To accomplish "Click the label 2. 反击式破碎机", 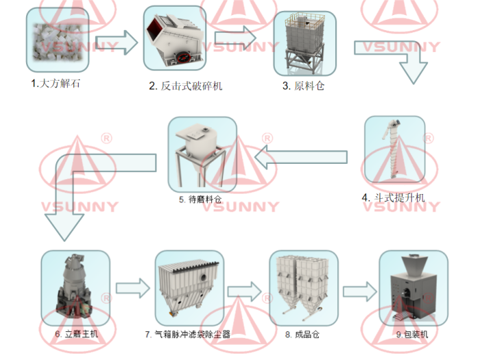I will pyautogui.click(x=186, y=86).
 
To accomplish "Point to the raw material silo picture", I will pyautogui.click(x=305, y=41).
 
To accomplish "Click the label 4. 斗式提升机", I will pyautogui.click(x=394, y=198).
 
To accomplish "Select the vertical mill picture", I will pyautogui.click(x=75, y=287).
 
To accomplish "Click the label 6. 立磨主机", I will pyautogui.click(x=76, y=334).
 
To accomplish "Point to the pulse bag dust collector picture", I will pyautogui.click(x=189, y=287).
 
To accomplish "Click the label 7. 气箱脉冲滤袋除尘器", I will pyautogui.click(x=187, y=335).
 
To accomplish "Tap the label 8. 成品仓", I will pyautogui.click(x=302, y=335).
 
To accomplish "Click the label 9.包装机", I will pyautogui.click(x=412, y=335).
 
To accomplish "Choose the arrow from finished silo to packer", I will pyautogui.click(x=358, y=291).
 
